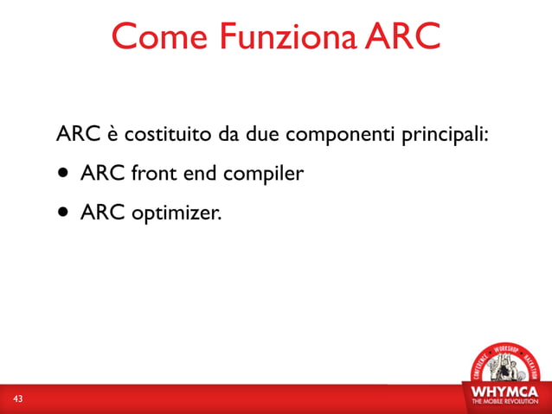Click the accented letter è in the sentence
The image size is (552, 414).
point(112,137)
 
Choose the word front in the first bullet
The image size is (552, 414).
point(152,175)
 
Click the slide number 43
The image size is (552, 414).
point(17,398)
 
